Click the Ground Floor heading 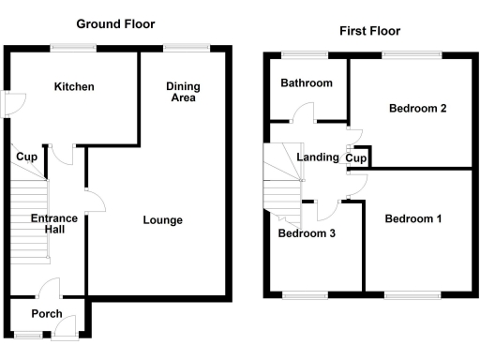(115, 23)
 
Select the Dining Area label (183, 92)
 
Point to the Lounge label (162, 220)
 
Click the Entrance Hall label (54, 224)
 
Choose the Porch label (47, 314)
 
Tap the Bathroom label (307, 83)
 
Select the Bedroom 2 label (417, 109)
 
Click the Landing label (317, 157)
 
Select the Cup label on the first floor (355, 158)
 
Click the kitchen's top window (67, 47)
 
